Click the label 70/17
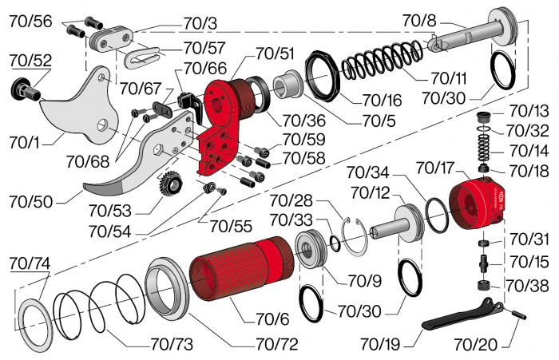[x=435, y=168]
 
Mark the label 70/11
[x=450, y=78]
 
